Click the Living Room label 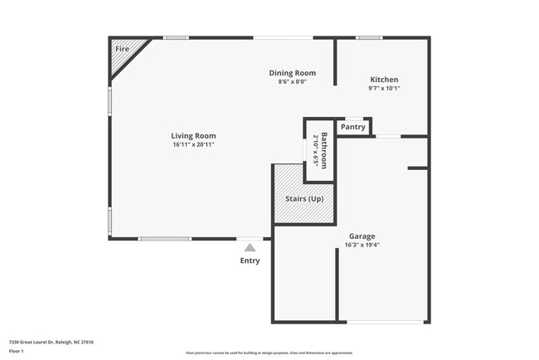click(x=193, y=136)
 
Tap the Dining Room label click(x=292, y=73)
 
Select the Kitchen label click(x=384, y=80)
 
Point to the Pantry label click(x=353, y=127)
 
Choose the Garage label click(x=362, y=236)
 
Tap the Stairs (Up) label click(x=303, y=199)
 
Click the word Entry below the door click(x=250, y=260)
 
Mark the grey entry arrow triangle click(x=250, y=246)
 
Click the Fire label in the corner click(x=122, y=50)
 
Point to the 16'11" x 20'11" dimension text click(x=193, y=145)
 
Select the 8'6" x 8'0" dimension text click(x=292, y=82)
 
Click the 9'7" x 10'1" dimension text click(x=384, y=89)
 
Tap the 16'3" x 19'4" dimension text click(x=362, y=245)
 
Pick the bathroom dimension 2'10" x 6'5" click(x=314, y=150)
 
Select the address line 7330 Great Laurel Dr click(x=51, y=342)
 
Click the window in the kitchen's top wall click(x=368, y=37)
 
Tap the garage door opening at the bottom click(x=386, y=322)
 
